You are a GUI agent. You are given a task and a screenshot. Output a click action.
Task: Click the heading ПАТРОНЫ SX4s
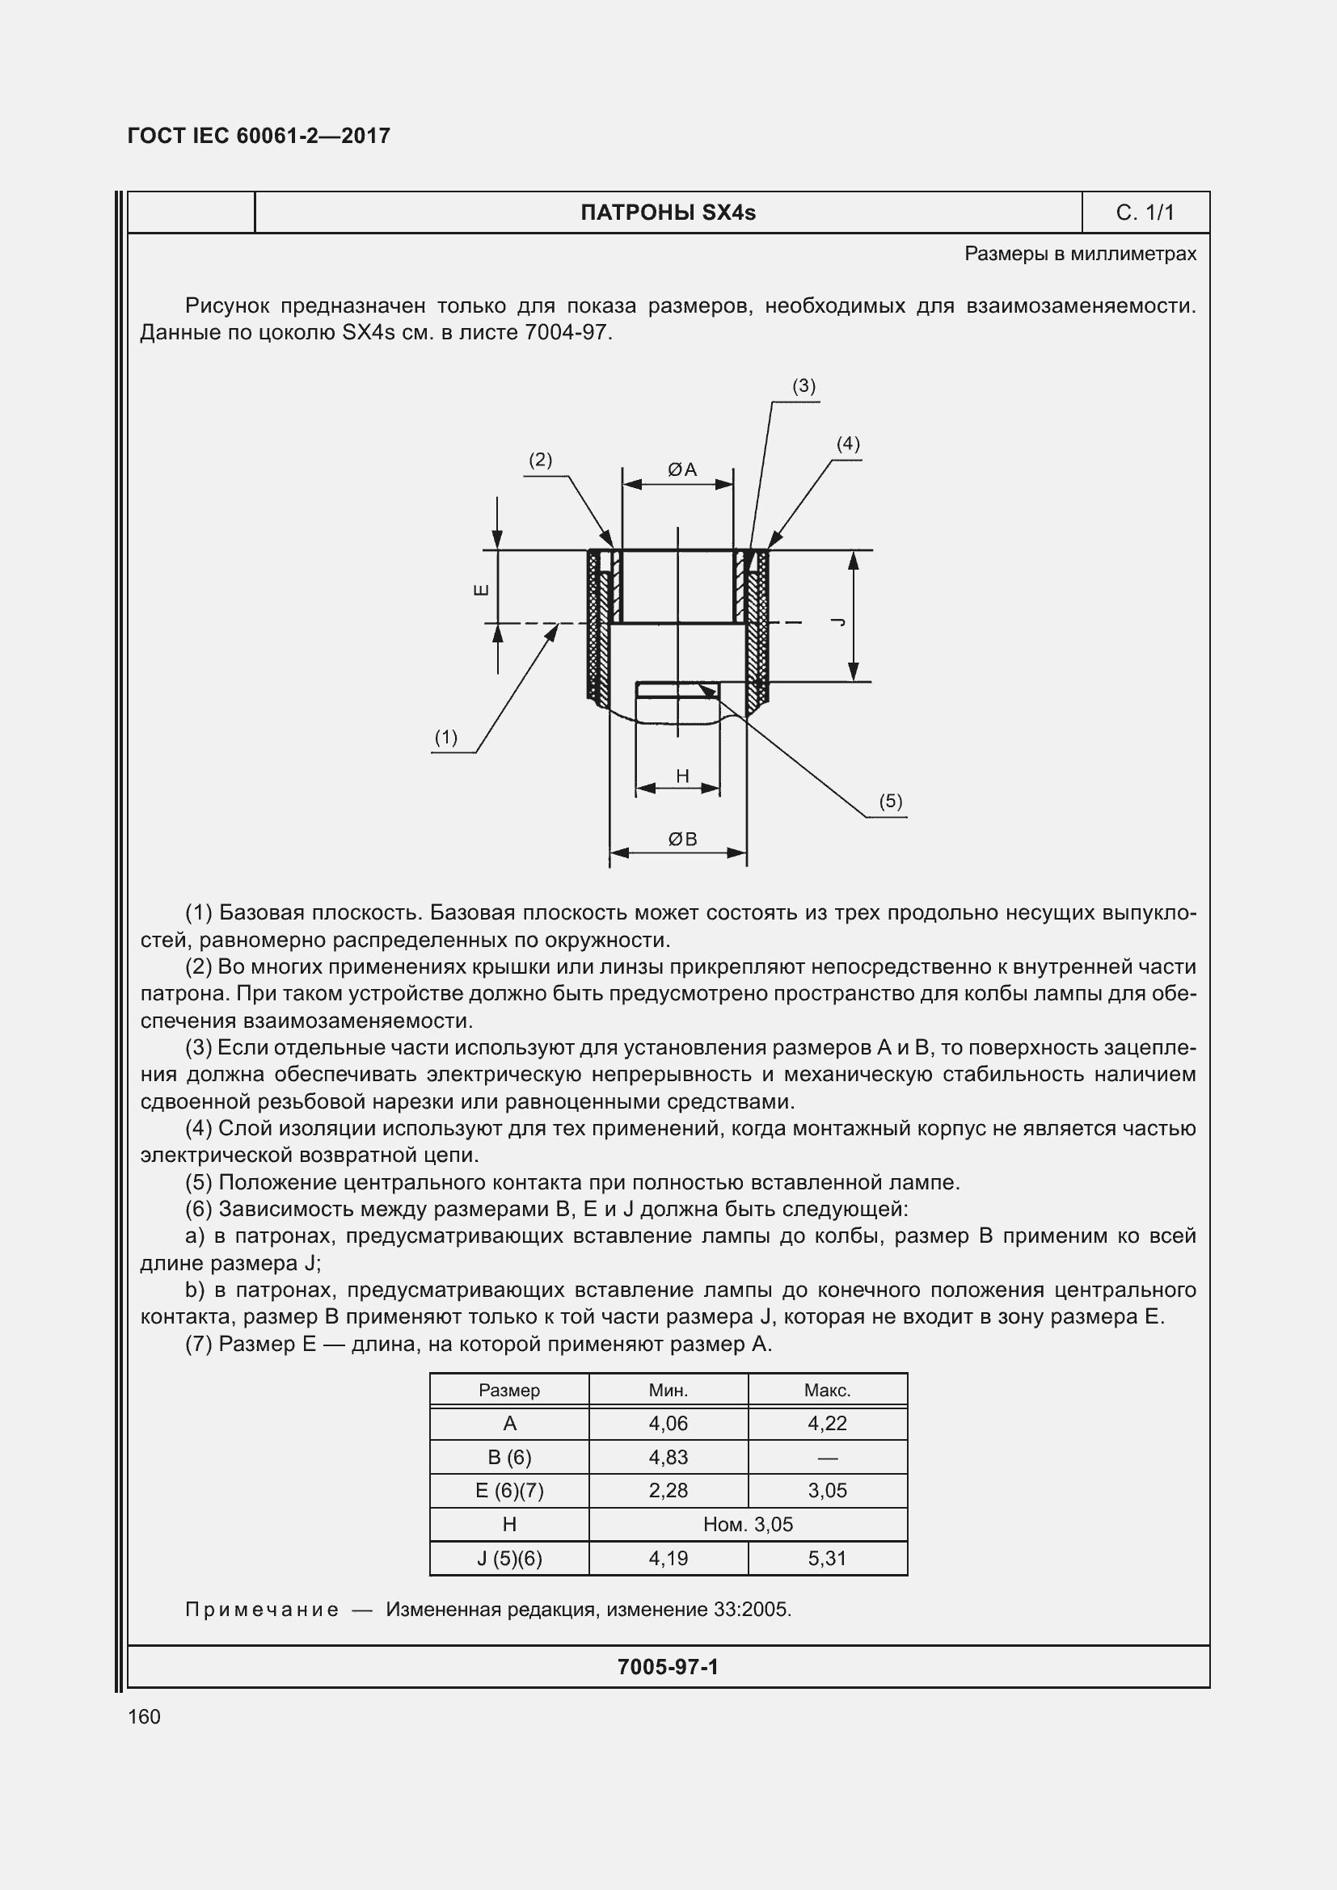click(x=668, y=213)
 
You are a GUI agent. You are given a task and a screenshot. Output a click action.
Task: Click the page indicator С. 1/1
click(x=1145, y=213)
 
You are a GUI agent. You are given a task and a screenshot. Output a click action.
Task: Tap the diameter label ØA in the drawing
click(x=681, y=469)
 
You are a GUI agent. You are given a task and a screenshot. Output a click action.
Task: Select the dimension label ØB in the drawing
click(x=681, y=839)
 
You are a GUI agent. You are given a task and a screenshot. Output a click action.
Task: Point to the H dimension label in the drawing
click(x=681, y=776)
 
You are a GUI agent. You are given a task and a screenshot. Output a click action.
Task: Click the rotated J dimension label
click(x=838, y=621)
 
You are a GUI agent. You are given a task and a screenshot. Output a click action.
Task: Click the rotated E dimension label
click(x=483, y=589)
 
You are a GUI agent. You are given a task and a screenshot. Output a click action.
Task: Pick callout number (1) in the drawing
click(x=445, y=737)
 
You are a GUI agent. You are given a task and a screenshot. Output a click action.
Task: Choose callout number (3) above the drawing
click(x=803, y=385)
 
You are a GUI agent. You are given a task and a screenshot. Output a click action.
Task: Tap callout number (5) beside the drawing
click(x=890, y=801)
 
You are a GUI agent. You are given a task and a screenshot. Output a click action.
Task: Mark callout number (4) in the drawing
click(x=847, y=444)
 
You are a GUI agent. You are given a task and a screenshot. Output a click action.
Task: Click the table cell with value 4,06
click(x=668, y=1423)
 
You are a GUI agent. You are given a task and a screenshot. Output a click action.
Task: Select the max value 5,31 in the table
click(x=827, y=1558)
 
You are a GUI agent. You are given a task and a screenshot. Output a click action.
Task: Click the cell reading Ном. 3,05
click(x=748, y=1525)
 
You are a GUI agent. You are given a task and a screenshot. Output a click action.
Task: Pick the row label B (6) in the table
click(x=508, y=1457)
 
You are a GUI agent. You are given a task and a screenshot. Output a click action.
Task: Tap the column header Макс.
click(x=827, y=1391)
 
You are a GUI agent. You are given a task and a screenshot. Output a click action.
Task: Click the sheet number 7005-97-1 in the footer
click(x=668, y=1667)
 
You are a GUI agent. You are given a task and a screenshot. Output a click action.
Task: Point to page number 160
click(x=144, y=1716)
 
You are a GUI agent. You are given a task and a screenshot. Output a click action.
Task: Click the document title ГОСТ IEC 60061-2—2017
click(x=259, y=136)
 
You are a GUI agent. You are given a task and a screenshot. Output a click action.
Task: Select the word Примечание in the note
click(x=262, y=1610)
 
